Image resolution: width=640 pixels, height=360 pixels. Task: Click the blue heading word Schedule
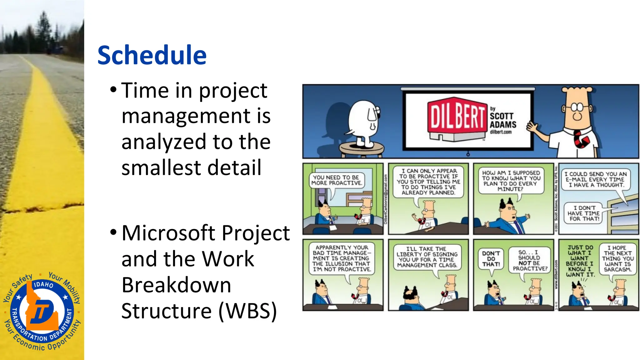pyautogui.click(x=152, y=55)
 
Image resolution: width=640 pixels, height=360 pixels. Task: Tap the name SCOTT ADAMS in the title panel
pyautogui.click(x=502, y=120)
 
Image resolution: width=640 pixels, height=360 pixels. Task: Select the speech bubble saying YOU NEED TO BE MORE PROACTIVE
pyautogui.click(x=336, y=180)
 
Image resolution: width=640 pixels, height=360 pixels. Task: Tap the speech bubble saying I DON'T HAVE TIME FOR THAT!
pyautogui.click(x=583, y=213)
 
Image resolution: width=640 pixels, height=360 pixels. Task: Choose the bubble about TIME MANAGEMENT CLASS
pyautogui.click(x=427, y=257)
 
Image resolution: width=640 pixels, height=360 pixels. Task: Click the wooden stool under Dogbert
pyautogui.click(x=362, y=149)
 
